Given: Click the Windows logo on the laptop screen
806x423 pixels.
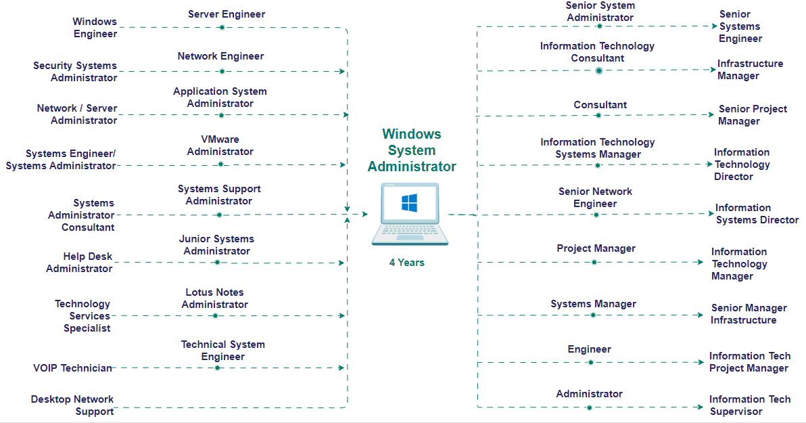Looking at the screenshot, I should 409,202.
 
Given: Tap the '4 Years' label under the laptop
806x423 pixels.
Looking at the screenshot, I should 406,263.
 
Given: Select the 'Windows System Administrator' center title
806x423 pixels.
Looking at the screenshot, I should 411,150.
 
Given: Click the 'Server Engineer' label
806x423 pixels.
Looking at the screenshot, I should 227,14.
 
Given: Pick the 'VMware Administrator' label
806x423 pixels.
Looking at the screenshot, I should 220,146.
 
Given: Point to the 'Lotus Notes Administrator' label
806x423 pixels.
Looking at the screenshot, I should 215,298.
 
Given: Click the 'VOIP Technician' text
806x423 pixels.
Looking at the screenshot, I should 72,368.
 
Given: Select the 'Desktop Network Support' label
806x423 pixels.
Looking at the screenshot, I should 72,405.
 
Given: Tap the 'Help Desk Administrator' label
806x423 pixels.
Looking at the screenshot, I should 79,263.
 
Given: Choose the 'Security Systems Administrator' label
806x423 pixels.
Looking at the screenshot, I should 75,72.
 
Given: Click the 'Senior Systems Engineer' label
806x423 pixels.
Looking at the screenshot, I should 740,26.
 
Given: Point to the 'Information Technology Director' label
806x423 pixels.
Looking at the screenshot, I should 742,164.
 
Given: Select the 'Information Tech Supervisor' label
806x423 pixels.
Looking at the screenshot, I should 749,405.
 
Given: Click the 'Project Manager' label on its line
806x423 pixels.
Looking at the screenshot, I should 596,248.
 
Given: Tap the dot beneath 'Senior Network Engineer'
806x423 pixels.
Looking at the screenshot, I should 596,215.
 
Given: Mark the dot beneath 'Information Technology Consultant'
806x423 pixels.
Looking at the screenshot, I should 598,70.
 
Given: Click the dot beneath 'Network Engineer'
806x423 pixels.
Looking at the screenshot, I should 221,71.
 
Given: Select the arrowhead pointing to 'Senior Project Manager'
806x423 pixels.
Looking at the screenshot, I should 711,115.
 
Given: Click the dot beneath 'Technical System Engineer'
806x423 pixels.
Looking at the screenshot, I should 218,368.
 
